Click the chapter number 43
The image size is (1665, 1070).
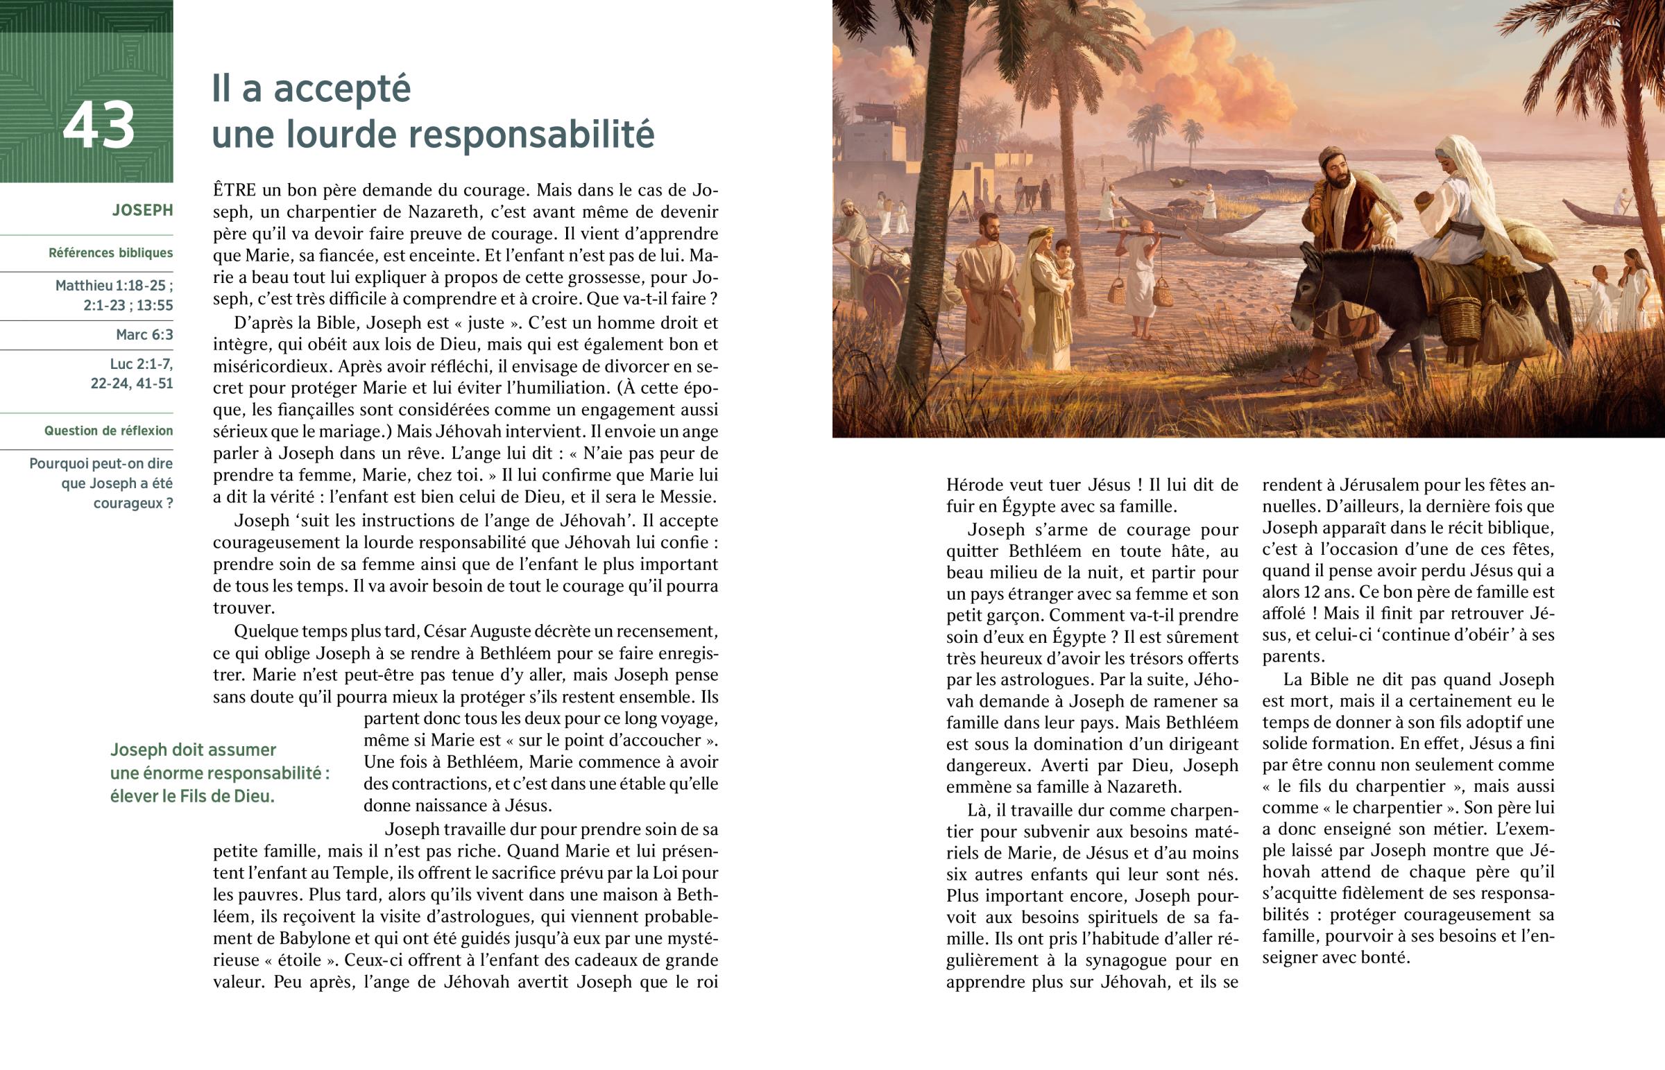coord(99,126)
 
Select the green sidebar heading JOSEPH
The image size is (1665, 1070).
coord(142,210)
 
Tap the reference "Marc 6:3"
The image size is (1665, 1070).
coord(144,335)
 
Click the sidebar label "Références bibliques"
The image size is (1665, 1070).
coord(110,253)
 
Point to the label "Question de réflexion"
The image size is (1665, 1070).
coord(108,431)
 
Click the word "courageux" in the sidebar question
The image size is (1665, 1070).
coord(128,503)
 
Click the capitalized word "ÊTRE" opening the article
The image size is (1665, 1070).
coord(234,190)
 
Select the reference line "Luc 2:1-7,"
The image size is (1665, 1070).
coord(141,364)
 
